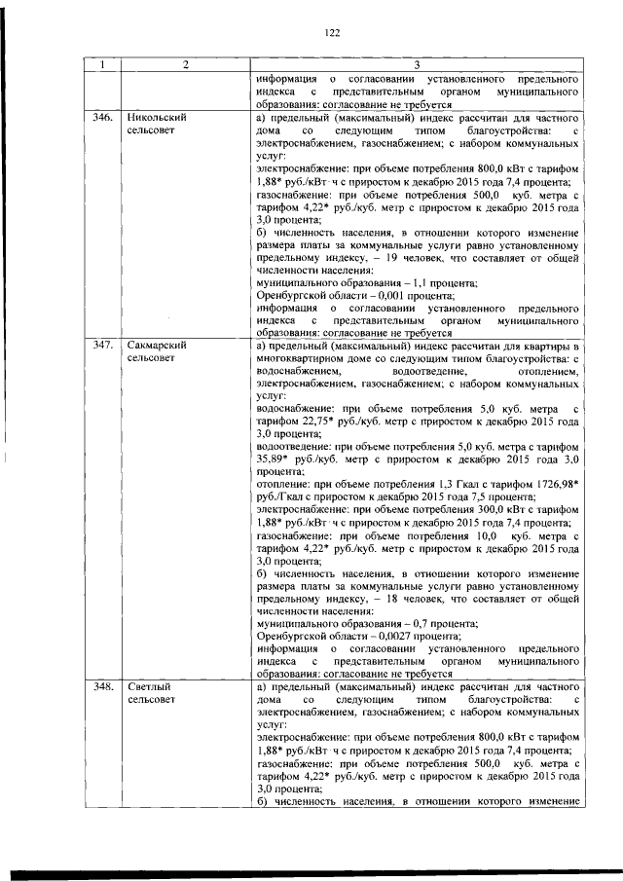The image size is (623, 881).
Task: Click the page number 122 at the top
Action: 331,33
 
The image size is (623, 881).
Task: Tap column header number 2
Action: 184,65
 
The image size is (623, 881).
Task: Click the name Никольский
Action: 157,117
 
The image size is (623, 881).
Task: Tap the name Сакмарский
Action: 158,346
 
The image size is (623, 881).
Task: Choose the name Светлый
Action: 148,686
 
